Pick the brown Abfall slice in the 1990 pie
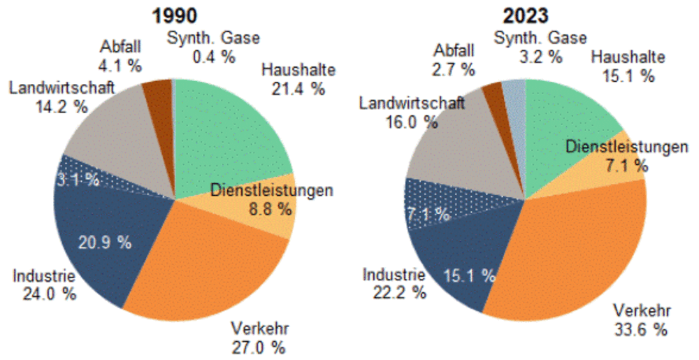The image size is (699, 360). pyautogui.click(x=158, y=94)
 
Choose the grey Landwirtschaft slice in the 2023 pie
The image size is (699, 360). pyautogui.click(x=454, y=154)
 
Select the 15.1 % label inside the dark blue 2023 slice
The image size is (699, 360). pyautogui.click(x=469, y=274)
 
